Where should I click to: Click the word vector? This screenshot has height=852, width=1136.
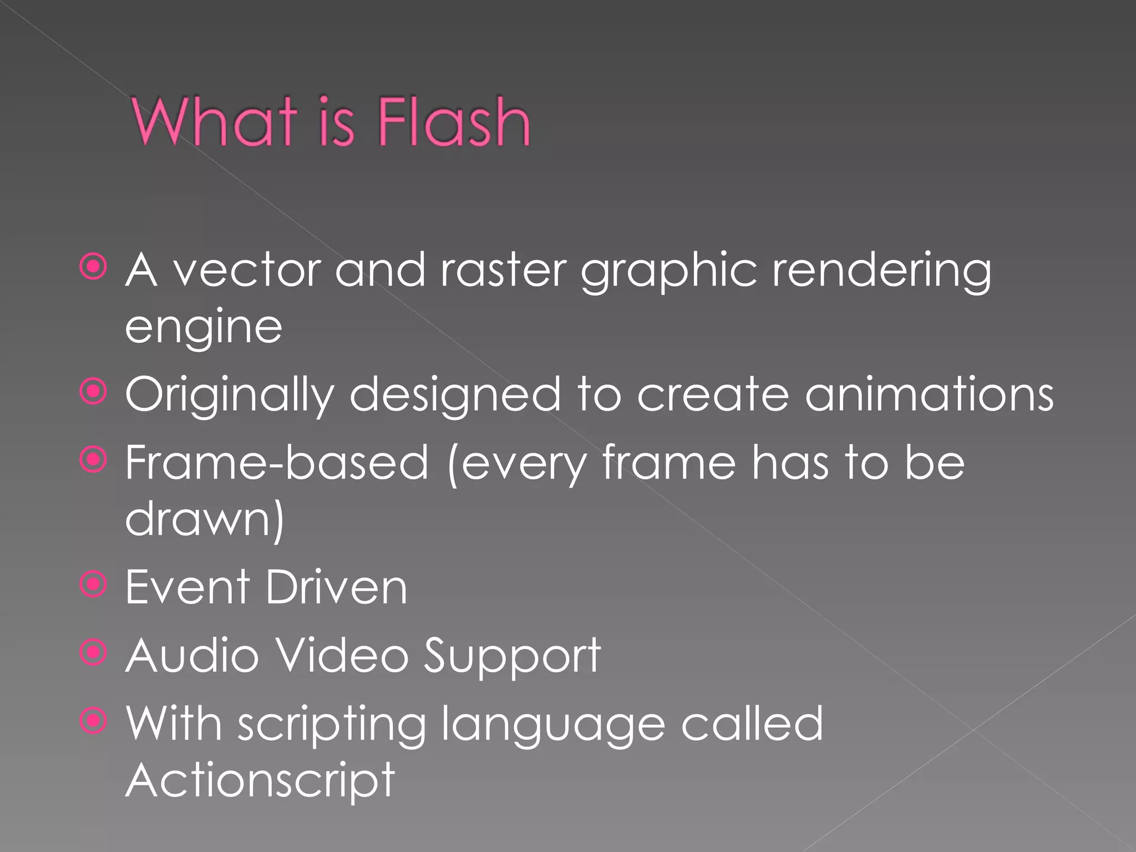(247, 271)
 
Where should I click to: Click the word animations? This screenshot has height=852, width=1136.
(929, 394)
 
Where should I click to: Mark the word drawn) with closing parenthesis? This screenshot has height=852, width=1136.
(205, 519)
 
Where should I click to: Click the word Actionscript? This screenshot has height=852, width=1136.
(260, 781)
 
